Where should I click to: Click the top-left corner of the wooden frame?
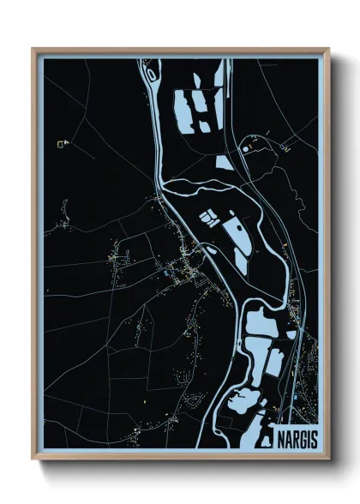pyautogui.click(x=33, y=49)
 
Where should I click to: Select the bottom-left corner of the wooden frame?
pyautogui.click(x=33, y=460)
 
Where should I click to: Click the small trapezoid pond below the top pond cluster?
pyautogui.click(x=224, y=160)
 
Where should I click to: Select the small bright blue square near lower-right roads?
pyautogui.click(x=296, y=396)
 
